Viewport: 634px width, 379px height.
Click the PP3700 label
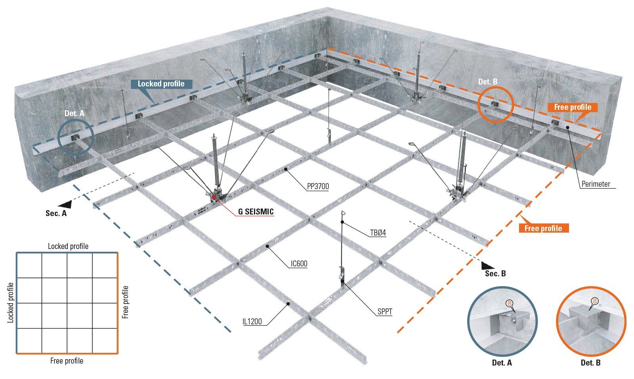pyautogui.click(x=318, y=186)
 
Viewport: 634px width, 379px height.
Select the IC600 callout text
pyautogui.click(x=299, y=264)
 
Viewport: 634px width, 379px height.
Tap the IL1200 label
pyautogui.click(x=252, y=322)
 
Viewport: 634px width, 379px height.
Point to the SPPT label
pyautogui.click(x=385, y=312)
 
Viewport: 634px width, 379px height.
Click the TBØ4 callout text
pyautogui.click(x=378, y=233)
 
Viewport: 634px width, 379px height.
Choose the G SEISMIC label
pyautogui.click(x=256, y=212)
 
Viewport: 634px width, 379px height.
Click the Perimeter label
pyautogui.click(x=596, y=184)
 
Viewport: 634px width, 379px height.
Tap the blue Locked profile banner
pyautogui.click(x=161, y=84)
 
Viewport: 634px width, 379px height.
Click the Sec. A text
pyautogui.click(x=56, y=213)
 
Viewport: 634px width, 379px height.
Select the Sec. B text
pyautogui.click(x=495, y=274)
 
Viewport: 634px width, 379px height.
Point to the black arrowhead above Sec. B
pyautogui.click(x=487, y=265)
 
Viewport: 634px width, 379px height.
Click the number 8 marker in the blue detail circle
pyautogui.click(x=509, y=304)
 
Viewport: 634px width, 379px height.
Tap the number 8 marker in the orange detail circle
pyautogui.click(x=595, y=301)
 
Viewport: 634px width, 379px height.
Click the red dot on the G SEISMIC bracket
pyautogui.click(x=214, y=197)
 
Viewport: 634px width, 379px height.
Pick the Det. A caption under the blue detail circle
pyautogui.click(x=502, y=363)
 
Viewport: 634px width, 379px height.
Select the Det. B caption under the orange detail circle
pyautogui.click(x=591, y=363)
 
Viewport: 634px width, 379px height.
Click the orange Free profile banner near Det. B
pyautogui.click(x=573, y=107)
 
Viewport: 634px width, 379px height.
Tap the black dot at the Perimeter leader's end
pyautogui.click(x=567, y=127)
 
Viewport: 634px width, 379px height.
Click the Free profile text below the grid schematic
pyautogui.click(x=67, y=361)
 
